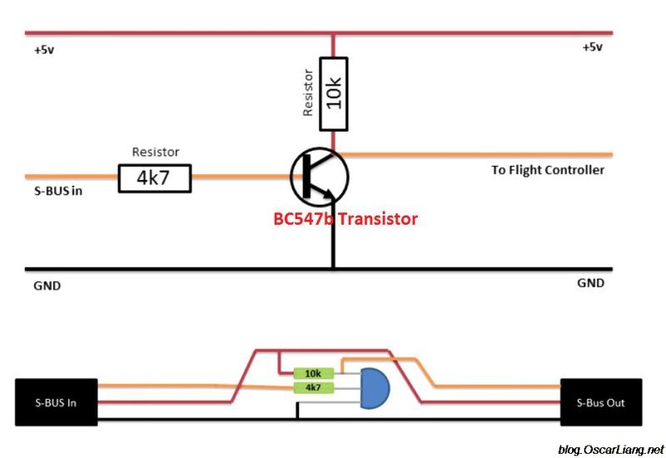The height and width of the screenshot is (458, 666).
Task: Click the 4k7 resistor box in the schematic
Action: (x=155, y=177)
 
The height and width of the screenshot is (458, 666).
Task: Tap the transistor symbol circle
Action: (x=319, y=176)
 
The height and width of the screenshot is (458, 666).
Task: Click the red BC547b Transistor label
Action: (x=345, y=220)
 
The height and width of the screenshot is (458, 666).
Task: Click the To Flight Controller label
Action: (x=548, y=170)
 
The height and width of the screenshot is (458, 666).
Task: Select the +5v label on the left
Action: (x=44, y=50)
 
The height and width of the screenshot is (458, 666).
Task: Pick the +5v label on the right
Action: (x=592, y=47)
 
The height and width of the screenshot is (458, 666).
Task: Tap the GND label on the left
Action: (x=47, y=285)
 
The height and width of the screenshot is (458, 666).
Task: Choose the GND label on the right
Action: (x=590, y=283)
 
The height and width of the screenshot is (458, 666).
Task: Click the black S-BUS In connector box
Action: (x=57, y=402)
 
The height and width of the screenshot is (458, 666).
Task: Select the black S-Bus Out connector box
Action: (x=601, y=402)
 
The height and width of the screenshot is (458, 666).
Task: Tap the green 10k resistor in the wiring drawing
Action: (x=314, y=374)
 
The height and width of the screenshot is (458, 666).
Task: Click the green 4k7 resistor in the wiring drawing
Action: (x=314, y=387)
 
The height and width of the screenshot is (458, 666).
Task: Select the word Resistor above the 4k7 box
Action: (x=156, y=152)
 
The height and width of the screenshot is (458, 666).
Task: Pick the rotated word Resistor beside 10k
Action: (x=307, y=92)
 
